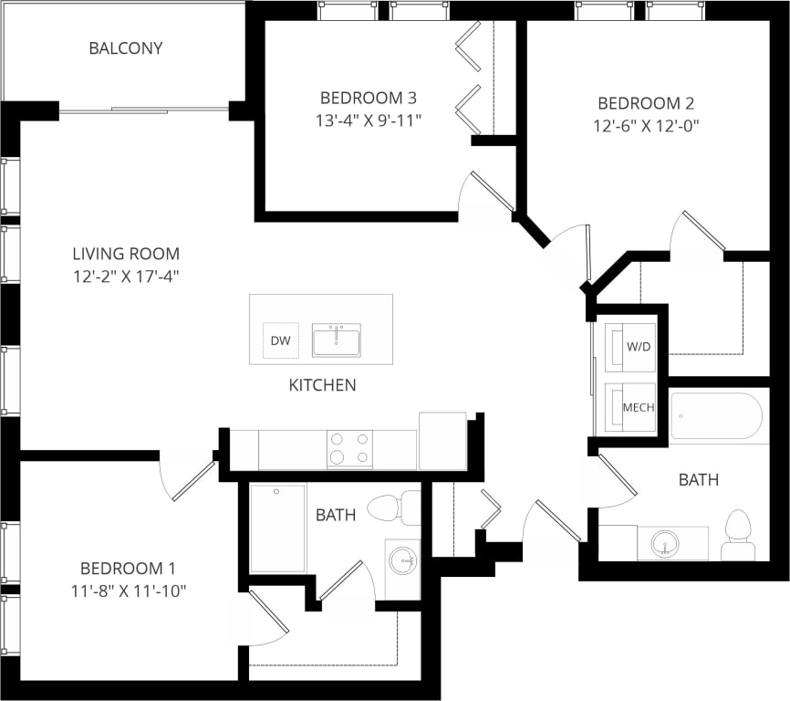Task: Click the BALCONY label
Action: point(126,48)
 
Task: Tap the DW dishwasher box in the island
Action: point(280,341)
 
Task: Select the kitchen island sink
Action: point(336,340)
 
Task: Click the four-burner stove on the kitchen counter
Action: point(350,448)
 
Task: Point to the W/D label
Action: point(639,348)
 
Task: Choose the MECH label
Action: point(639,407)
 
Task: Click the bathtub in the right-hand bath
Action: point(716,417)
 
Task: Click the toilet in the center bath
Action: point(394,507)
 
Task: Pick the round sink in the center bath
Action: point(402,560)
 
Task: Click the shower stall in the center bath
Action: point(277,528)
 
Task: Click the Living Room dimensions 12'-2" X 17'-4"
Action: point(127,275)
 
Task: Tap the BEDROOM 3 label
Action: point(361,98)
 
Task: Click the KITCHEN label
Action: point(322,385)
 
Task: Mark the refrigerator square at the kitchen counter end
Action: point(442,441)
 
